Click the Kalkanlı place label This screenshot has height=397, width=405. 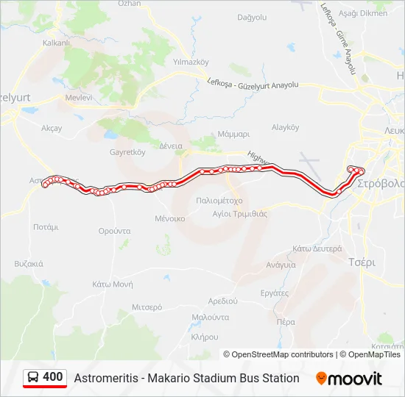pos(56,43)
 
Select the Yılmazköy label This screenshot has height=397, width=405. pos(190,62)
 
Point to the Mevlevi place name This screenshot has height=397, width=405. pos(79,97)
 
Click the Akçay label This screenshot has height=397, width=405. pos(52,128)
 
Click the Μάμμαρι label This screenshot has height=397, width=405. pos(234,135)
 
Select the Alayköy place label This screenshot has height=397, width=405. pos(284,127)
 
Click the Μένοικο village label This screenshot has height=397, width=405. pos(169,218)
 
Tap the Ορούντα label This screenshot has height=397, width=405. pos(114,230)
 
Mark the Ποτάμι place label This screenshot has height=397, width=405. pos(46,227)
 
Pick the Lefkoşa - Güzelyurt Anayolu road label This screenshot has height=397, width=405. pos(253,85)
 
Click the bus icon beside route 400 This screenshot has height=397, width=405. pos(33,378)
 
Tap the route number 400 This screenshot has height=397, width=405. pos(53,377)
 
